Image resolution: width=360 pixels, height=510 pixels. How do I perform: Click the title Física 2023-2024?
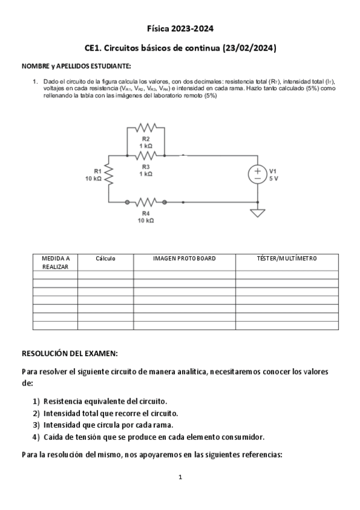[180, 28]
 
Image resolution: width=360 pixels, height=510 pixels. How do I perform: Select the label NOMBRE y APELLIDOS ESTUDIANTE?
[76, 66]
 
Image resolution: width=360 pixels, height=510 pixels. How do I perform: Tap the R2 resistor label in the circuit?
[146, 139]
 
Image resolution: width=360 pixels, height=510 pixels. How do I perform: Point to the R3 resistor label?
[146, 167]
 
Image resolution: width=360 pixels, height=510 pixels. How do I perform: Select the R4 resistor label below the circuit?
[146, 213]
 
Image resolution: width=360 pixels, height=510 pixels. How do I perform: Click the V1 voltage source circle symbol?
[257, 174]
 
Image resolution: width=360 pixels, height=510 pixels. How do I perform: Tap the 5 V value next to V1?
[273, 179]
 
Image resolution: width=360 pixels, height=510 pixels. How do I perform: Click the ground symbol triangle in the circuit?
[257, 212]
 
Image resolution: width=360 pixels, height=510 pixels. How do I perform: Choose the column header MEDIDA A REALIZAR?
[55, 262]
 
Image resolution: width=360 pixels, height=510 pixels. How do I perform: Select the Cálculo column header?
[105, 259]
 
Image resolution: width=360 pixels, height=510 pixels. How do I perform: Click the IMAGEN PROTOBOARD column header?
[184, 259]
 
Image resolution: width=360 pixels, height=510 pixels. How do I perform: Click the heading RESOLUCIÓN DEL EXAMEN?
[70, 353]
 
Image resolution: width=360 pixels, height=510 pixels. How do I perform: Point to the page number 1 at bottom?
[180, 478]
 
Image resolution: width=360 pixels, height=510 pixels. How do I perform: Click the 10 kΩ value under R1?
[93, 179]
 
